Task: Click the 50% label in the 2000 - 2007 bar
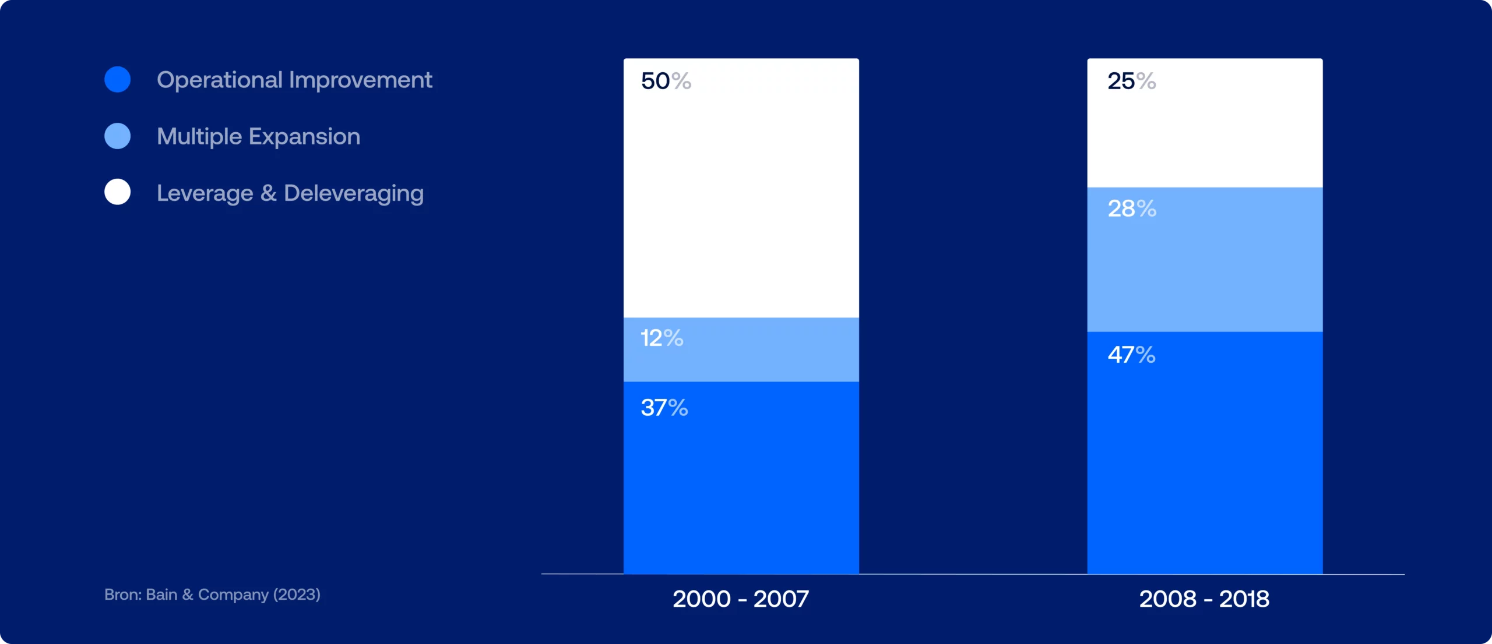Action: click(x=666, y=81)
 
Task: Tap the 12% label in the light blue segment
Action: click(x=662, y=338)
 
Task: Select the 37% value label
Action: click(x=664, y=408)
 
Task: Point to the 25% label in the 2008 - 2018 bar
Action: click(x=1132, y=81)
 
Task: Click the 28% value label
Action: click(x=1132, y=208)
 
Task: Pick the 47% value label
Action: click(x=1131, y=355)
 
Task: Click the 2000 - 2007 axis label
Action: click(x=741, y=599)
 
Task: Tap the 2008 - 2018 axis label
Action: click(x=1204, y=599)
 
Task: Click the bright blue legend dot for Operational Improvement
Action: click(x=118, y=80)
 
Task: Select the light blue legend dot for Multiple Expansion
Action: click(x=118, y=136)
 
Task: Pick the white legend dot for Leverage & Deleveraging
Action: click(x=118, y=192)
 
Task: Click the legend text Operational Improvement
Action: click(x=294, y=80)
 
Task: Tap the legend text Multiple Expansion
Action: click(x=259, y=137)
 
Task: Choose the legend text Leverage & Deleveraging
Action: click(x=290, y=193)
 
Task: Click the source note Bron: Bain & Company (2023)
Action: click(x=212, y=595)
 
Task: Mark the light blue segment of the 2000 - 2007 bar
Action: click(x=741, y=350)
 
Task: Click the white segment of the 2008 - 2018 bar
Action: click(x=1205, y=123)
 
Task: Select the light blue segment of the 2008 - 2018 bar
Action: click(x=1205, y=260)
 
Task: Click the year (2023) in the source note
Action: click(x=297, y=595)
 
